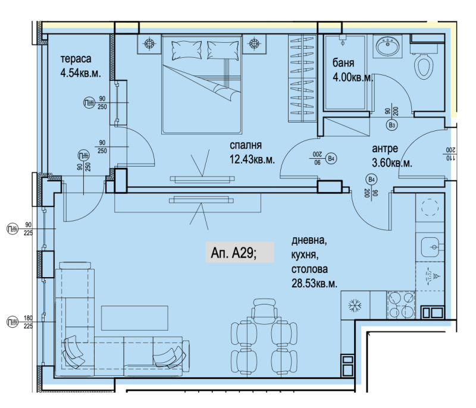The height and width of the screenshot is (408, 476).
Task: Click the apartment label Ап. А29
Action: [234, 253]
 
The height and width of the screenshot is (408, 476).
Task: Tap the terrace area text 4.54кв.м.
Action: [80, 74]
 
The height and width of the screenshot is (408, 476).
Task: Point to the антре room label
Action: [385, 149]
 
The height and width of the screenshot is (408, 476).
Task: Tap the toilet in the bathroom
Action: [424, 66]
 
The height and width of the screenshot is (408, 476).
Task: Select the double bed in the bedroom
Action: [202, 83]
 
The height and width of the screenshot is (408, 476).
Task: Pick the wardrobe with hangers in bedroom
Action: [302, 79]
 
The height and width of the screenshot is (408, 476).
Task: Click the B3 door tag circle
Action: [392, 125]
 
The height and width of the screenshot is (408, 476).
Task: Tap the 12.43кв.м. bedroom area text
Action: [251, 159]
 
